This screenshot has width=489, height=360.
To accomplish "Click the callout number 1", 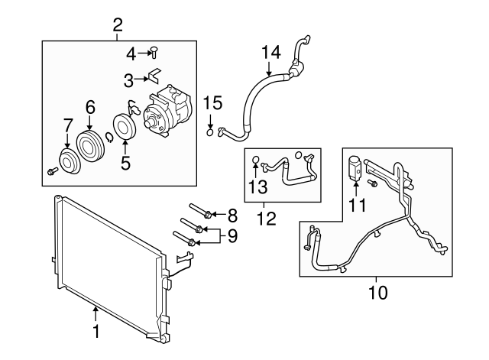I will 96,332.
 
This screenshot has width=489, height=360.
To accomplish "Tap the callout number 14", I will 271,52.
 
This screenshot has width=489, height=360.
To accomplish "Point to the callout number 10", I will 379,292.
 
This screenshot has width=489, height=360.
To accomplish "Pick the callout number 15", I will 212,103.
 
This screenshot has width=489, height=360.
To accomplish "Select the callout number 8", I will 232,214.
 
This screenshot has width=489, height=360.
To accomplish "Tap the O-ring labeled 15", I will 212,131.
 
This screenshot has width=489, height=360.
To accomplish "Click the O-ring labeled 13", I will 256,161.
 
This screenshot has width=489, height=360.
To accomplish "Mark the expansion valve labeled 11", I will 355,168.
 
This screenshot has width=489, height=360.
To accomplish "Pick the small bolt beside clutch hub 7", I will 51,169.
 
